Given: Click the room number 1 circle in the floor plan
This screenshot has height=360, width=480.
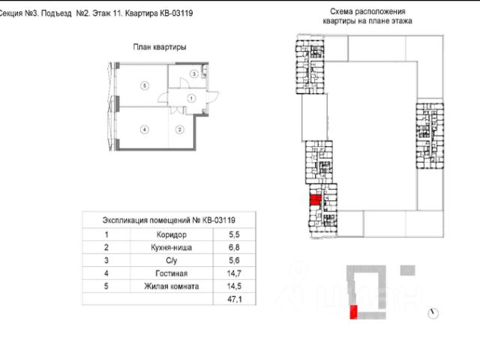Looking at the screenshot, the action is [191, 98].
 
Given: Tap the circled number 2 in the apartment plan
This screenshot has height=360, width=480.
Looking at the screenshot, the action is [180, 129].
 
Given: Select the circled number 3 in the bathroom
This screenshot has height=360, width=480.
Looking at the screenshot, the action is [193, 74].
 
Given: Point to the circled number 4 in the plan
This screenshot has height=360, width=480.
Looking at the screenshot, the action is [142, 129].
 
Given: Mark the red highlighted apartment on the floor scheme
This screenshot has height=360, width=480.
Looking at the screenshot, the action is [315, 201].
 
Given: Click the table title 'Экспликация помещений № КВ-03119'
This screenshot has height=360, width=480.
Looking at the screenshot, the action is [169, 220].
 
